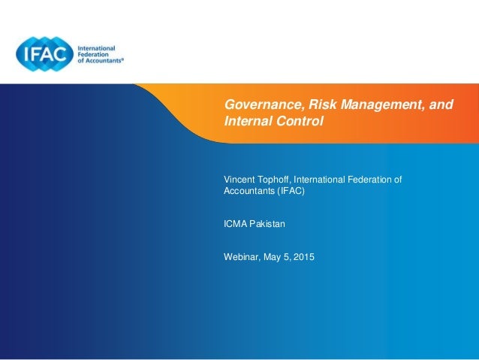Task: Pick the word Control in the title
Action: tap(299, 120)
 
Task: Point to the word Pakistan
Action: tap(269, 223)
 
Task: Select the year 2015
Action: tap(304, 257)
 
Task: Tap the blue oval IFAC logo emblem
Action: tap(45, 54)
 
